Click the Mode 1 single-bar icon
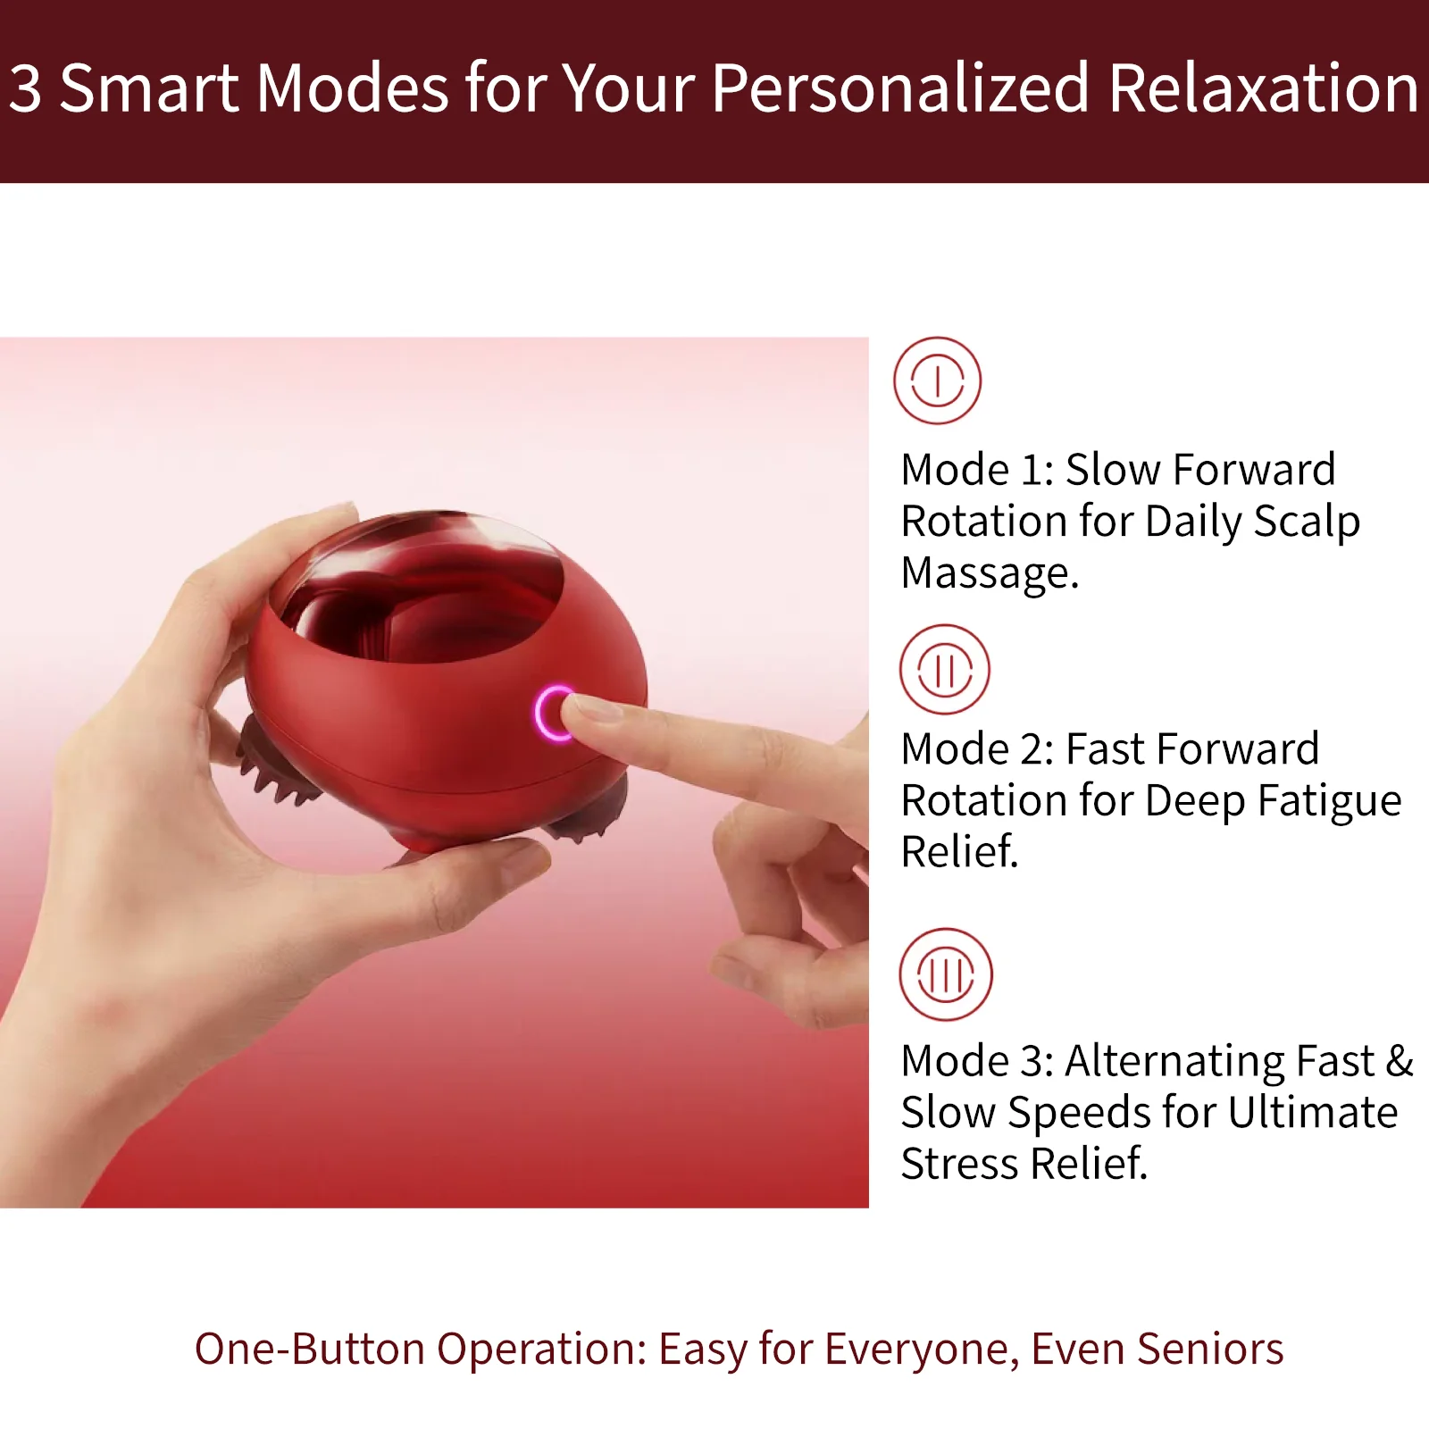937,380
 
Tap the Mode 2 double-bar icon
944,669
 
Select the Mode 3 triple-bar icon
945,974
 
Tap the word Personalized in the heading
900,89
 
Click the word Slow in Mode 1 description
1111,470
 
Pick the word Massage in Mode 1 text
990,573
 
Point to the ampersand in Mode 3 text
1400,1061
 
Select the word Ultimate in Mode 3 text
1312,1113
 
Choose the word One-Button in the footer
309,1350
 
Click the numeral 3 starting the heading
25,89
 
